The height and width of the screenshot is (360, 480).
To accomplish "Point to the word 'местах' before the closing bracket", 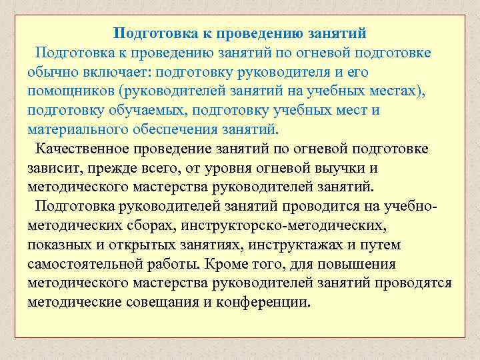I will (x=399, y=91).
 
